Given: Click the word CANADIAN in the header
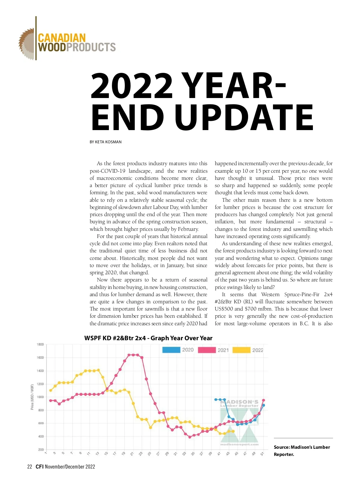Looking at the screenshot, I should [x=62, y=38].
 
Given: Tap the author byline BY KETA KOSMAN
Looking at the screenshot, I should [x=106, y=142].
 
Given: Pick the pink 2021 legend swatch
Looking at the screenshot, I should [x=207, y=350].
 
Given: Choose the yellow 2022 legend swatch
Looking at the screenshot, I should [x=241, y=350].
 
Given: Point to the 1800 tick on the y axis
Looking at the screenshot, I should [x=40, y=344].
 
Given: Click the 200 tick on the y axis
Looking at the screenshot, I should [x=41, y=450].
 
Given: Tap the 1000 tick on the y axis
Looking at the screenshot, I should [x=40, y=397].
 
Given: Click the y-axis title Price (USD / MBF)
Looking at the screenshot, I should [x=32, y=397].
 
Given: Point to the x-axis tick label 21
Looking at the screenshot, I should [x=132, y=454].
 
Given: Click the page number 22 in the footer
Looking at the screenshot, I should [x=29, y=467].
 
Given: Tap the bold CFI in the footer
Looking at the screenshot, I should [x=40, y=467].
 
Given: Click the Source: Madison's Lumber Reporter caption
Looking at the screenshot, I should [x=301, y=451].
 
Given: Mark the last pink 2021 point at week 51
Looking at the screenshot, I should [x=263, y=400].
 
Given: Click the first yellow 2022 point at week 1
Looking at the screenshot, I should [x=50, y=390].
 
